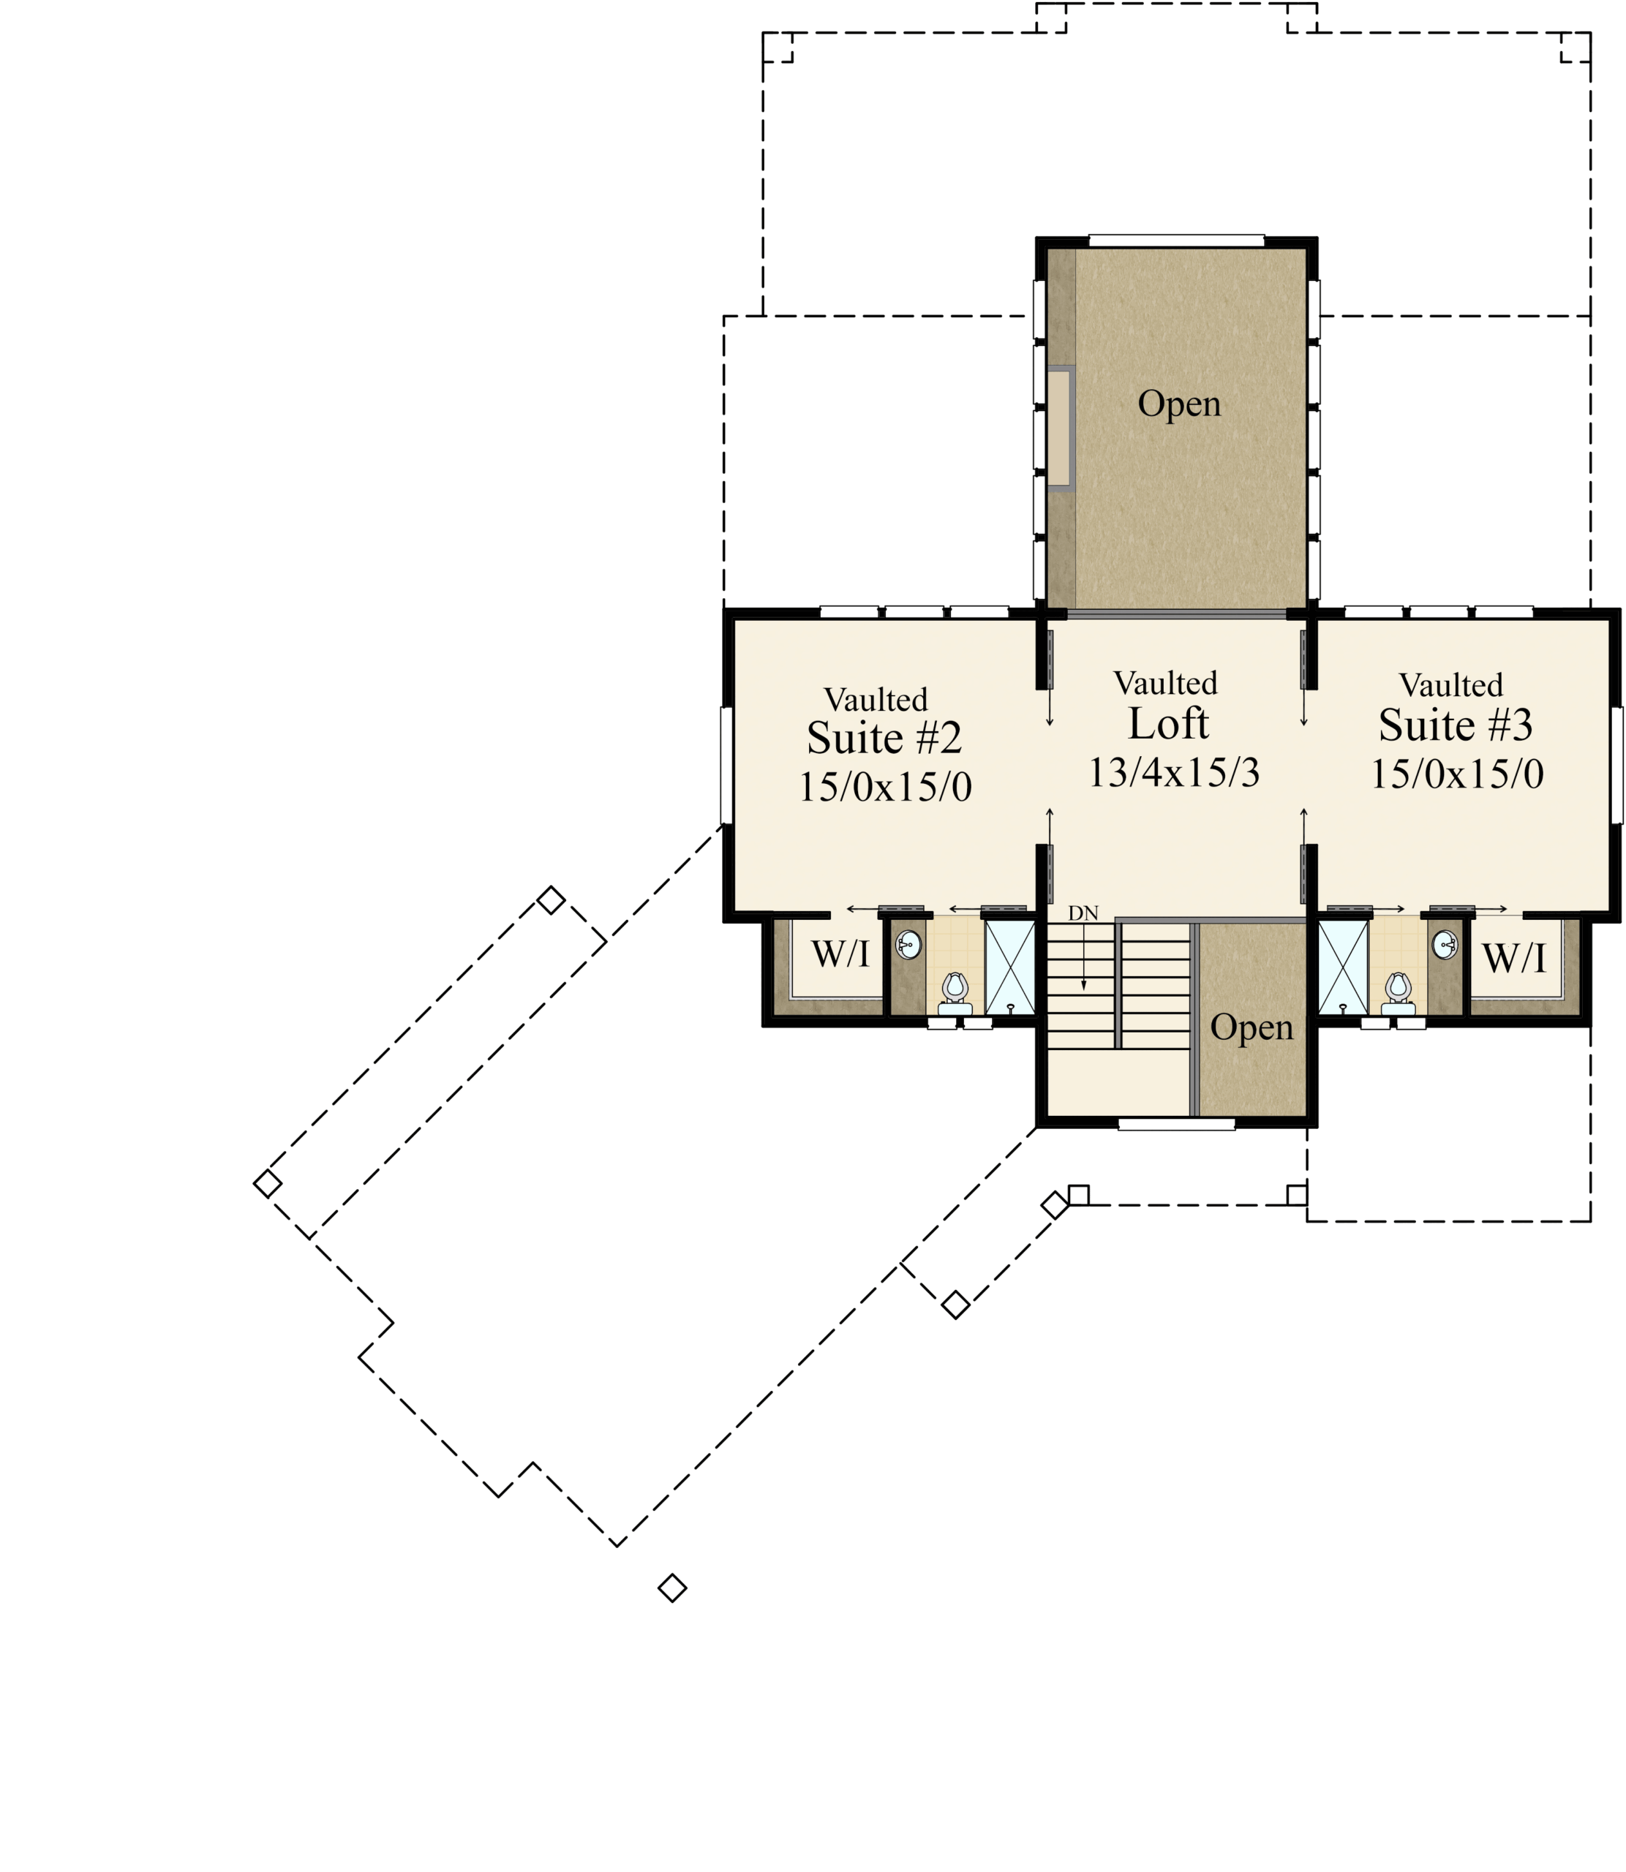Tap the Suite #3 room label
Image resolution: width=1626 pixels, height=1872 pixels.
tap(1456, 725)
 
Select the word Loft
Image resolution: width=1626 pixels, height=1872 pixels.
tap(1169, 724)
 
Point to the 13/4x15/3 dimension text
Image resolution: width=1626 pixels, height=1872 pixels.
tap(1174, 773)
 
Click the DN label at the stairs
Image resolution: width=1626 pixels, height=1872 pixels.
tap(1083, 913)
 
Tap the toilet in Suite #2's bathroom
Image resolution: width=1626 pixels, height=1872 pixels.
tap(955, 992)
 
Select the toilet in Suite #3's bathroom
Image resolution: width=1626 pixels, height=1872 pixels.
tap(1399, 992)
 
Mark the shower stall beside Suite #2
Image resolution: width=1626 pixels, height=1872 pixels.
tap(1010, 967)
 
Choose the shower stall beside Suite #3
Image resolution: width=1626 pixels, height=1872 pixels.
tap(1343, 967)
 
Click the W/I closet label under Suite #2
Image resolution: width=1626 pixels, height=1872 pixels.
tap(840, 954)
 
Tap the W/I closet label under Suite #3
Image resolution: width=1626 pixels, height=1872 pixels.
tap(1513, 958)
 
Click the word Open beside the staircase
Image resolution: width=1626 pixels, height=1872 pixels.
tap(1252, 1027)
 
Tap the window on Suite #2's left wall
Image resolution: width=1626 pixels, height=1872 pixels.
tap(726, 765)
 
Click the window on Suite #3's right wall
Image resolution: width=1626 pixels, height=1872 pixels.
tap(1617, 765)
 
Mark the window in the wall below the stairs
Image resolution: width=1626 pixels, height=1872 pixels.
tap(1176, 1125)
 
